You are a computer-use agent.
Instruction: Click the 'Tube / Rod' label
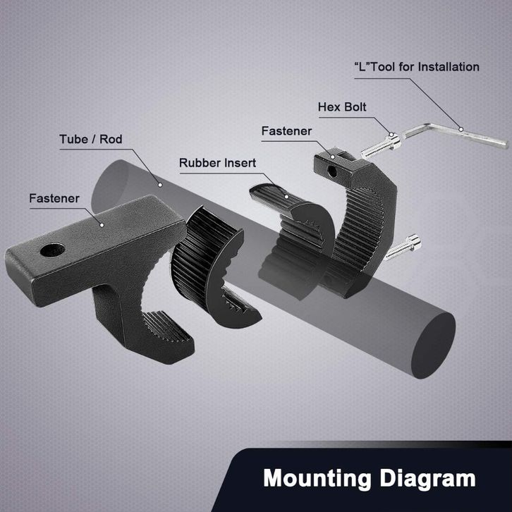click(x=90, y=139)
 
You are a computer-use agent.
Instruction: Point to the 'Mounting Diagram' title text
click(x=369, y=479)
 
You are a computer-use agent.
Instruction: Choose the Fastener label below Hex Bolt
click(x=286, y=131)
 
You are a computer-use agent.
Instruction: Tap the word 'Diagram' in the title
click(x=424, y=479)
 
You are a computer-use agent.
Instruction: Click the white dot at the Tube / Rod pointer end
click(x=161, y=185)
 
